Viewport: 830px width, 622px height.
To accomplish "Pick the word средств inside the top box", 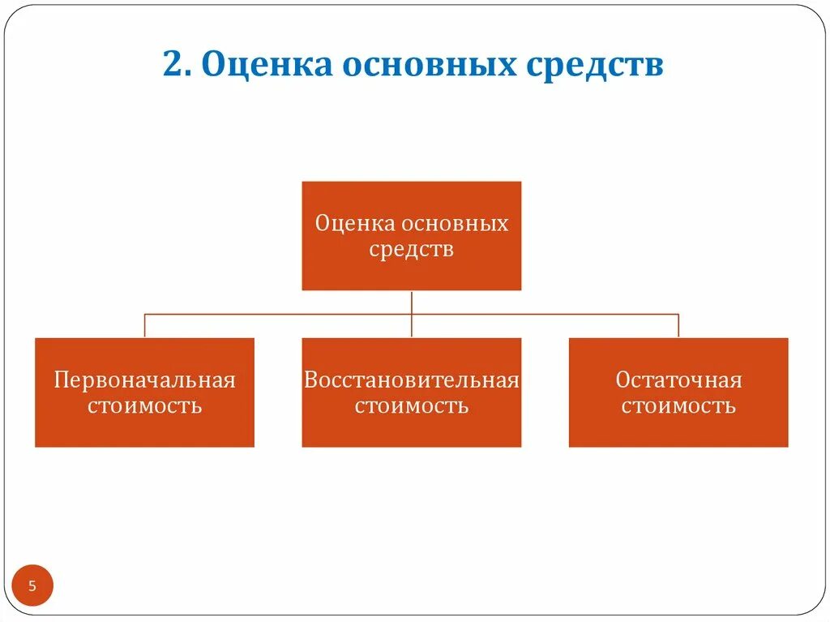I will click(x=411, y=249).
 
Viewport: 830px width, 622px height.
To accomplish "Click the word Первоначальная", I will click(x=144, y=380).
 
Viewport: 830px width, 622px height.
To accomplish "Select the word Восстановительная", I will click(x=411, y=380).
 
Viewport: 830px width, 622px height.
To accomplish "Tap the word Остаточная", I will click(x=678, y=380).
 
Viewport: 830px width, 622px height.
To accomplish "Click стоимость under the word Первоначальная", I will click(x=144, y=405).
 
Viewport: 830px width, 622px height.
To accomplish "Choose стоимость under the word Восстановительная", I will click(x=411, y=405).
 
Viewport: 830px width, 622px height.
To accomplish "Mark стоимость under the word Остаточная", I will click(x=678, y=405).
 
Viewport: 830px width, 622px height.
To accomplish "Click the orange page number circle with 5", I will click(x=32, y=586).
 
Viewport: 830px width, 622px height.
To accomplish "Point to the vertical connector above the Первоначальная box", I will click(x=145, y=326).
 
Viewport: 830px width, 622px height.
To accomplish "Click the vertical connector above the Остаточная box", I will click(x=678, y=326).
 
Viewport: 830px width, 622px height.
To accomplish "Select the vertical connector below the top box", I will click(x=412, y=302).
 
